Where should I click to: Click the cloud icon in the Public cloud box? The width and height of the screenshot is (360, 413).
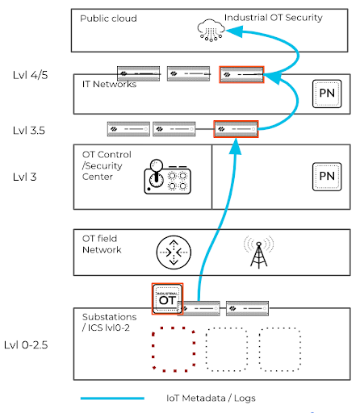click(211, 30)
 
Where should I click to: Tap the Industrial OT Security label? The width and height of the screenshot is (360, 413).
click(274, 18)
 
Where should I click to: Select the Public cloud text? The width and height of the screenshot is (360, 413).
click(108, 19)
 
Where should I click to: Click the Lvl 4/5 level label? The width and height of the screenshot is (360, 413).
click(31, 75)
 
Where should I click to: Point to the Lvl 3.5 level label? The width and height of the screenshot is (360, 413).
click(29, 131)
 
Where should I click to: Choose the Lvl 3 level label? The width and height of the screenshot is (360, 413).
click(24, 177)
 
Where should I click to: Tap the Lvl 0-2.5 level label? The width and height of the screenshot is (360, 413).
click(26, 344)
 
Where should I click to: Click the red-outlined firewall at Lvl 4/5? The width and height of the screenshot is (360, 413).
click(241, 74)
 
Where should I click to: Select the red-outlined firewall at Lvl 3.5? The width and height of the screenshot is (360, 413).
click(236, 129)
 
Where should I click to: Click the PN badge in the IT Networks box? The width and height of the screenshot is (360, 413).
click(327, 94)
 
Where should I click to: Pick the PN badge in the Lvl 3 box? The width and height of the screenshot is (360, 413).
click(327, 177)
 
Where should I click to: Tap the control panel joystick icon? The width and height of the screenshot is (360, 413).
click(167, 177)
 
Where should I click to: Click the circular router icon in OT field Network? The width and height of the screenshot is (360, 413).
click(174, 252)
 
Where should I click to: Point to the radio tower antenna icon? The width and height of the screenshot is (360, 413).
click(259, 252)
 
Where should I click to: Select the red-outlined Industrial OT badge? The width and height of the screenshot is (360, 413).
click(167, 298)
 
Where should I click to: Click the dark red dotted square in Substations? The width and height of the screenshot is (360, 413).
click(174, 349)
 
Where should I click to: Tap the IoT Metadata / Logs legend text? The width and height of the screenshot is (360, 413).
click(211, 398)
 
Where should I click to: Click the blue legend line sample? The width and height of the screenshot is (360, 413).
click(112, 398)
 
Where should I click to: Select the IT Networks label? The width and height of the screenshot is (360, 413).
click(109, 84)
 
